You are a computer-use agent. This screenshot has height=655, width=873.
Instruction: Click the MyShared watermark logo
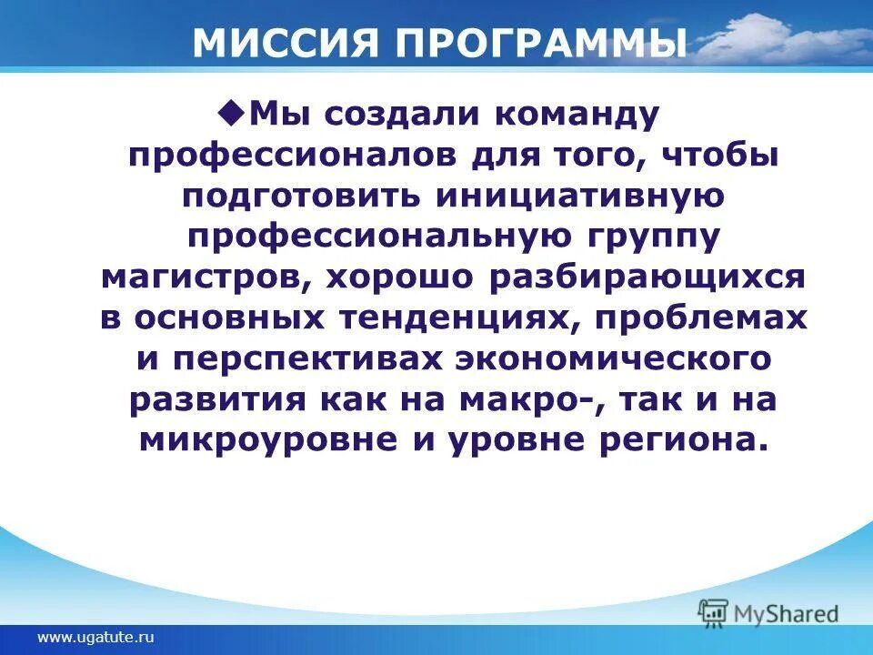coord(768,612)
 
